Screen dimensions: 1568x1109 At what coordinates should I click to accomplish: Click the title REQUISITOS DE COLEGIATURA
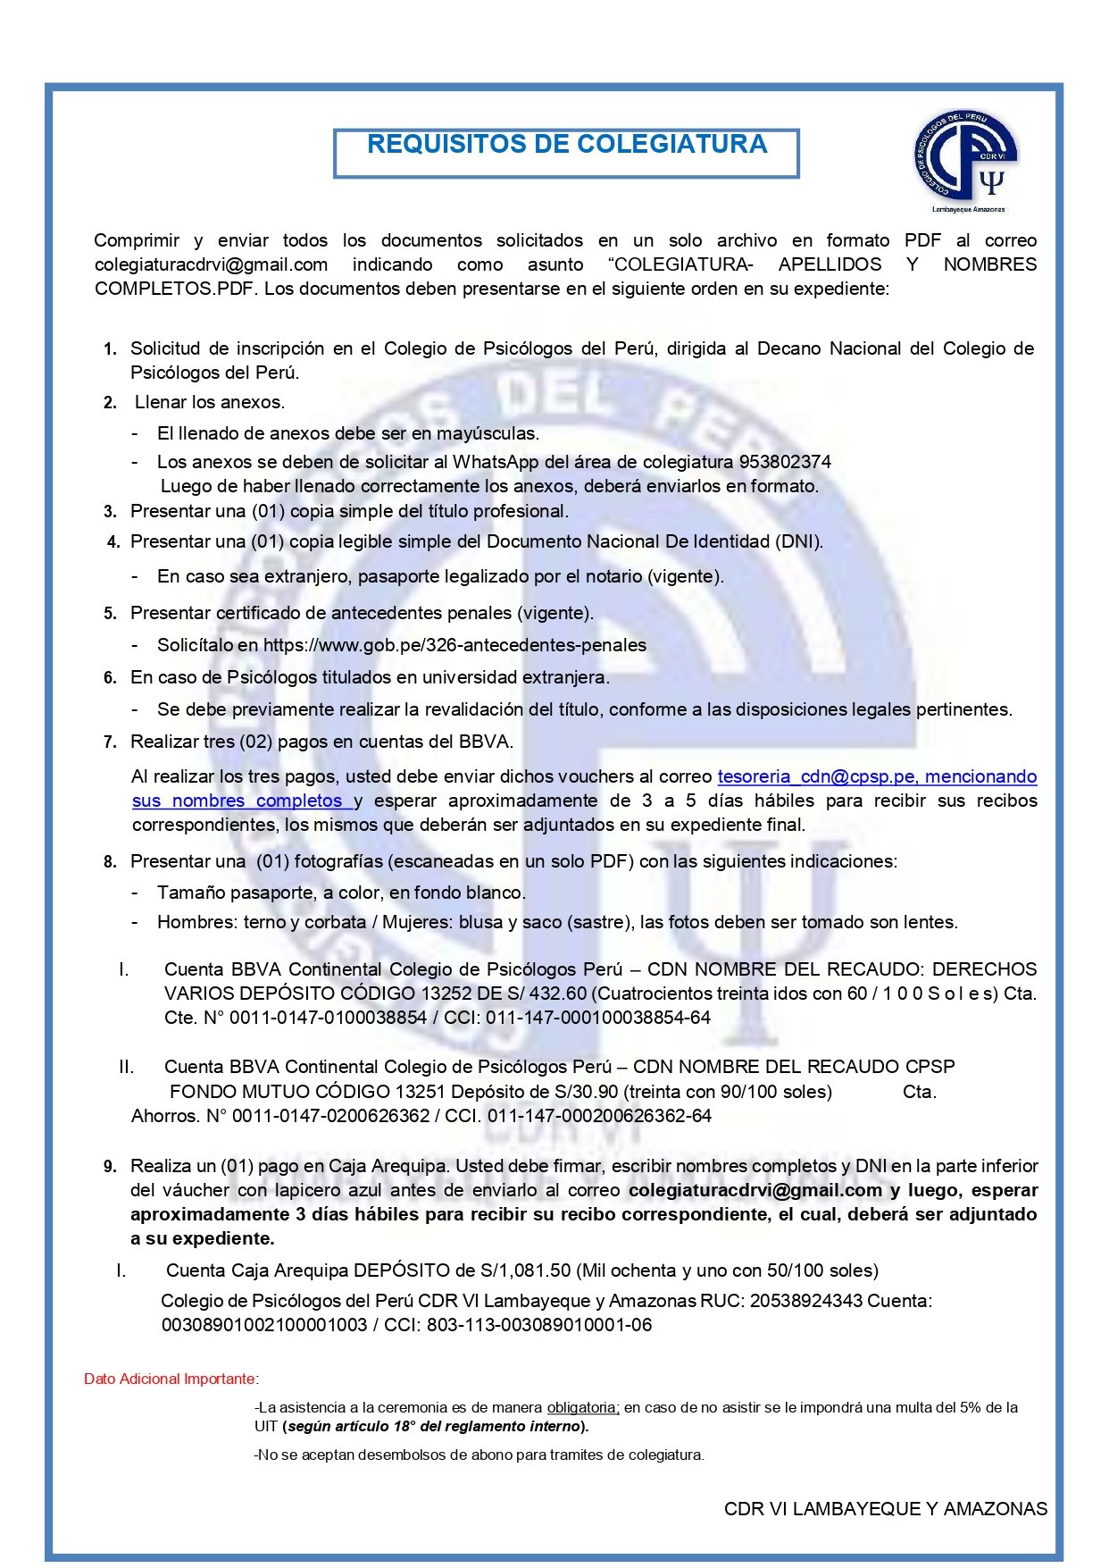566,145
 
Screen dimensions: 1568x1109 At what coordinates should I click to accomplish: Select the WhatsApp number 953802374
785,462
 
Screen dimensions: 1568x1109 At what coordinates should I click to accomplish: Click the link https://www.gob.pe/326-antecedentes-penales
454,645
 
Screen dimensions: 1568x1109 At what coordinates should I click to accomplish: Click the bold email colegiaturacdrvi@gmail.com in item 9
755,1190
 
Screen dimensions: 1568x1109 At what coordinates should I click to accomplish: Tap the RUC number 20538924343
806,1301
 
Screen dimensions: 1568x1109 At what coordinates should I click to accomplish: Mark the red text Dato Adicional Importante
170,1379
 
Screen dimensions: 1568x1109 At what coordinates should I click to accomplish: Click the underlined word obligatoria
582,1407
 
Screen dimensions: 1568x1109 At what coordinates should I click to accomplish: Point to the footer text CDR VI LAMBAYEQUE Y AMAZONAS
885,1509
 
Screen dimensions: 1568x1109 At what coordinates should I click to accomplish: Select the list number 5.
110,614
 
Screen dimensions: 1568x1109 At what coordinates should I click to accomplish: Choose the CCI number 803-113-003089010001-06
539,1325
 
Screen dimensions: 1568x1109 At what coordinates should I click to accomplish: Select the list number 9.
110,1167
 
